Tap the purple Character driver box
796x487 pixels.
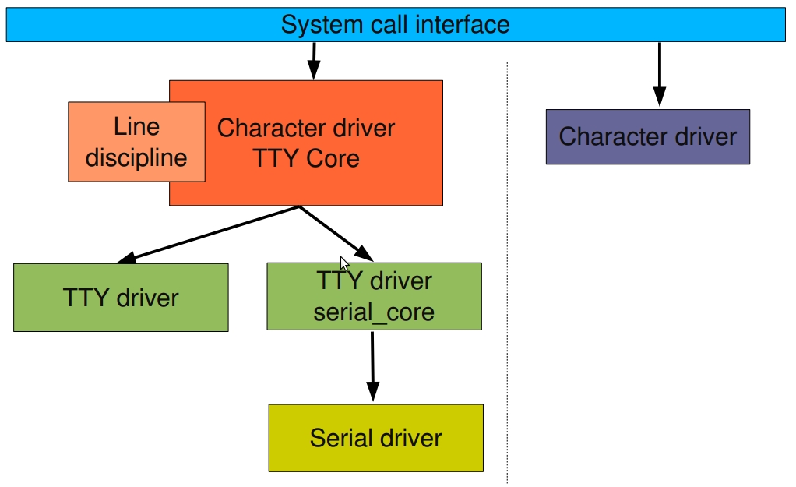(647, 137)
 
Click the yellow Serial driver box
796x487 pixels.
(375, 437)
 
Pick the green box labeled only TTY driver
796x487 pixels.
(121, 297)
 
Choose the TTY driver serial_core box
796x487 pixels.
(374, 297)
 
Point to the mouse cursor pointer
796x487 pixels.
(344, 263)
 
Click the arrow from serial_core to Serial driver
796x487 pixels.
(372, 366)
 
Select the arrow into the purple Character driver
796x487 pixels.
(659, 75)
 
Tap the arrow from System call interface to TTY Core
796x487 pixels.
(313, 61)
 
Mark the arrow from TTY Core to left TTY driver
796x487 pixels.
(206, 235)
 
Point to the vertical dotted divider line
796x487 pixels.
(507, 273)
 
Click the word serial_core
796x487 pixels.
(374, 312)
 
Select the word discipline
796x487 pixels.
(136, 157)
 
